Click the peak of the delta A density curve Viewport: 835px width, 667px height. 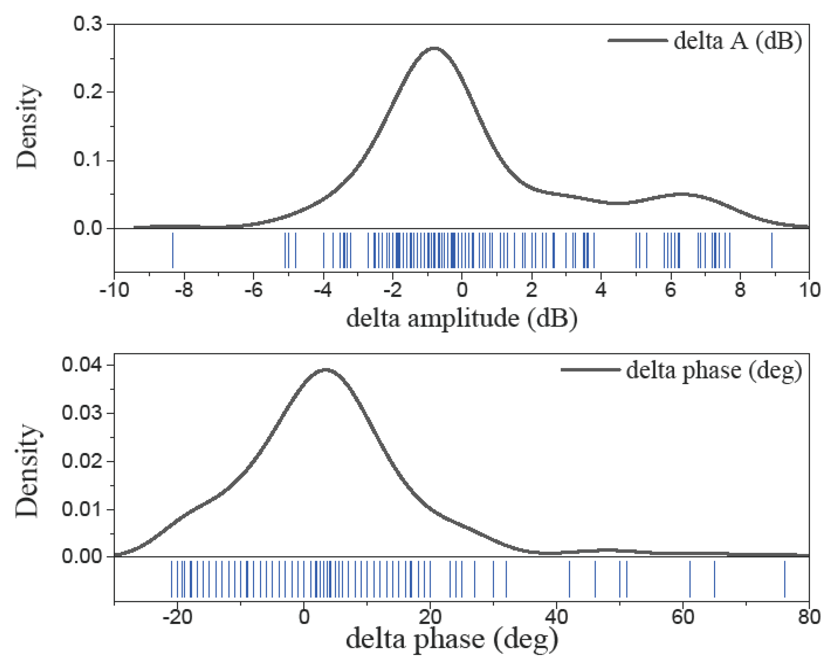click(x=435, y=49)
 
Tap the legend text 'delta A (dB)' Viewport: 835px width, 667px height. click(x=738, y=41)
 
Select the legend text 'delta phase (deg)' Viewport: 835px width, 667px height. click(x=714, y=370)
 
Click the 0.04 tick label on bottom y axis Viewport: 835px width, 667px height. click(x=82, y=365)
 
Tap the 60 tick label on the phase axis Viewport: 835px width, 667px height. click(x=682, y=617)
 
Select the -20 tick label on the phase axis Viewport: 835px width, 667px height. click(x=177, y=617)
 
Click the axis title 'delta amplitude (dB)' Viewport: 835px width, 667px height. click(x=462, y=319)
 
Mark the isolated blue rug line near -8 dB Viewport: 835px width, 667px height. click(x=173, y=250)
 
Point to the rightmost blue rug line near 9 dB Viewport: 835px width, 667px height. click(x=772, y=250)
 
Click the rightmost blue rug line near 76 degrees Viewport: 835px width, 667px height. click(x=785, y=579)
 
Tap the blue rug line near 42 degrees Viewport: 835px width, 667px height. click(x=569, y=579)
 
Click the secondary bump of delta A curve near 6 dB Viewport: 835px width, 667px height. click(x=682, y=194)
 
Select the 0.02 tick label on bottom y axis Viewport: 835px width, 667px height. click(x=82, y=461)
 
